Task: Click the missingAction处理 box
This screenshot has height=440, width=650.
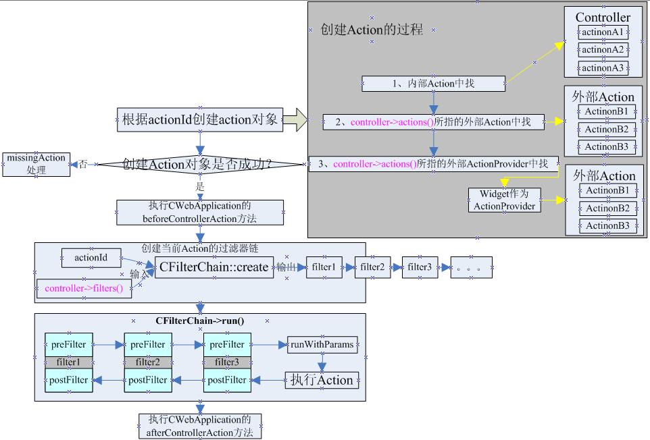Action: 36,164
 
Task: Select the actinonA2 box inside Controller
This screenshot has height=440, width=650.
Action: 603,49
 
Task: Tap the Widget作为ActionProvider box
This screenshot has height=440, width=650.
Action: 505,200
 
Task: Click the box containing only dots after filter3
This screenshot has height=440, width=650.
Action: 471,267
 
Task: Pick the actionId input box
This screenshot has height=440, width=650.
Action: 91,257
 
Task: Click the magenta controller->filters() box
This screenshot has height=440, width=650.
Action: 84,288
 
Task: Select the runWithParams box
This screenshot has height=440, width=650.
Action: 322,345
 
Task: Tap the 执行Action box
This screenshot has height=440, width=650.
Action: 322,380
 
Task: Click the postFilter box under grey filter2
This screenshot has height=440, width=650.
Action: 147,380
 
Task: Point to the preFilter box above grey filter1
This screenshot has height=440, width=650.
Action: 68,345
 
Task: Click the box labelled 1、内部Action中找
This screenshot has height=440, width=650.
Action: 433,84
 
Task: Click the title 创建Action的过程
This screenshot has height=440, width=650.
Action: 372,30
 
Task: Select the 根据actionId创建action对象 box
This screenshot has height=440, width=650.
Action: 200,120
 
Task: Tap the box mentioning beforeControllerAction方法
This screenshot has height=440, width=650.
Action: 200,212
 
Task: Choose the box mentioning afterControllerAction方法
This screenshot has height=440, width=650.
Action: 200,426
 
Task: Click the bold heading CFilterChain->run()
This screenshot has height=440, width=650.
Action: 200,321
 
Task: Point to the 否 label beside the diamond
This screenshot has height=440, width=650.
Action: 82,164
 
